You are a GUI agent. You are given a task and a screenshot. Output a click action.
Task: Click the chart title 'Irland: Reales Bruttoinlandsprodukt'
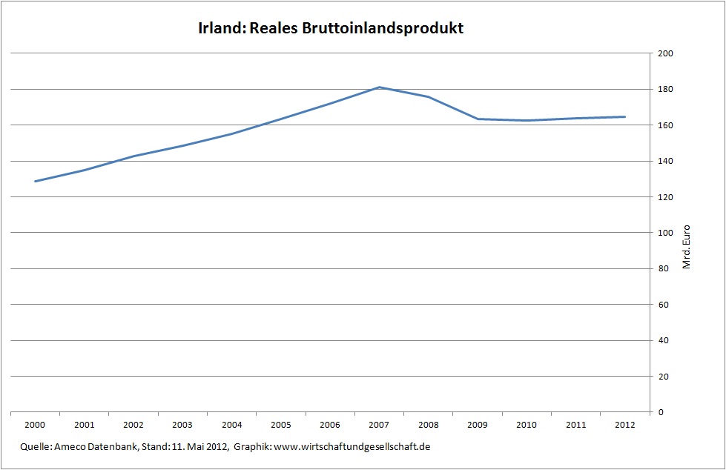pos(331,29)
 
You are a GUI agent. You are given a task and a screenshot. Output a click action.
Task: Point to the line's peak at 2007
pos(379,87)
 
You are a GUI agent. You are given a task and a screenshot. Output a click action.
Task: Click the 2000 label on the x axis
pos(35,425)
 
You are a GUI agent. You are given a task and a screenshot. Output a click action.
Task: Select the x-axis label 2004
pos(231,425)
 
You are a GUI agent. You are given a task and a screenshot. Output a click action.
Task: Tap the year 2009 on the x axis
pos(477,425)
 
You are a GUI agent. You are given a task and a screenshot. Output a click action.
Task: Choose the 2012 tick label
pos(624,425)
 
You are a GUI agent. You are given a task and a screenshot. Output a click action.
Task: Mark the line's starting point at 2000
pos(36,181)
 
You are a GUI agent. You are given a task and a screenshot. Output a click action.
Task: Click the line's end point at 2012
pos(624,116)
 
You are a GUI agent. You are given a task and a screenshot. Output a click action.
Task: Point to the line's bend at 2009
pos(477,119)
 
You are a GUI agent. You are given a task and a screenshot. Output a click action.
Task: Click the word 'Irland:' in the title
pos(221,29)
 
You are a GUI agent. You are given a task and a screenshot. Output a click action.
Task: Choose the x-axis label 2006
pos(330,425)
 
